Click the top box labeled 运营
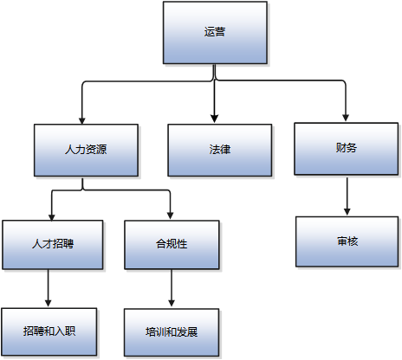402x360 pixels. click(x=215, y=32)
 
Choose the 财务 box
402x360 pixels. click(x=346, y=147)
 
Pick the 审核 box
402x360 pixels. click(x=347, y=241)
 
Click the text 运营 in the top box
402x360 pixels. click(x=215, y=32)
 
